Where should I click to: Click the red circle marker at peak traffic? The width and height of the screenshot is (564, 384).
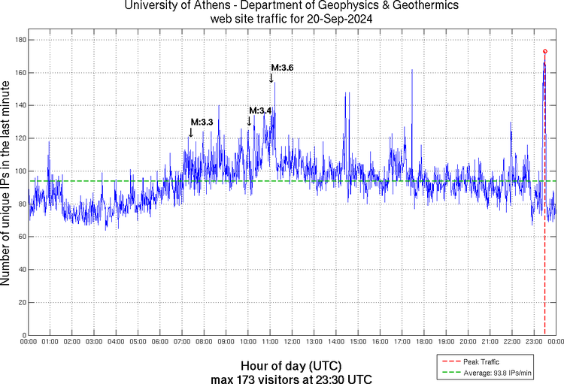point(545,52)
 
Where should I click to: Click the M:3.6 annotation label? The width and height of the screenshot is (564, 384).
point(282,68)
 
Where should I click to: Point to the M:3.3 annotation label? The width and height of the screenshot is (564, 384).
point(202,122)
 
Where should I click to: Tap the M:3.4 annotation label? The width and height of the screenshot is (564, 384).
point(260,111)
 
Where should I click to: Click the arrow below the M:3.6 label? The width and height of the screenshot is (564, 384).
point(271,78)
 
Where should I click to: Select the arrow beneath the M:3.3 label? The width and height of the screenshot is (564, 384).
point(190,132)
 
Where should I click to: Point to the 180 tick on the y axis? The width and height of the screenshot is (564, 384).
point(20,40)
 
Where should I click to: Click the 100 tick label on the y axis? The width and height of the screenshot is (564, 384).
point(20,171)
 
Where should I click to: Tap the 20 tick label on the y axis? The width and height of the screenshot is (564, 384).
point(22,302)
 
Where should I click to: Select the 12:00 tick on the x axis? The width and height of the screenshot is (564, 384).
point(292,342)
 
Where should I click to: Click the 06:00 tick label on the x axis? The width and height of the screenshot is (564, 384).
point(160,342)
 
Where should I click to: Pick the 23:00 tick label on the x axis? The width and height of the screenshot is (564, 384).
point(533,342)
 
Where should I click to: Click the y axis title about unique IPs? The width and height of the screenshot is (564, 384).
point(7,184)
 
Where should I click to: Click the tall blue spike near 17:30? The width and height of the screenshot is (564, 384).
point(412,71)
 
